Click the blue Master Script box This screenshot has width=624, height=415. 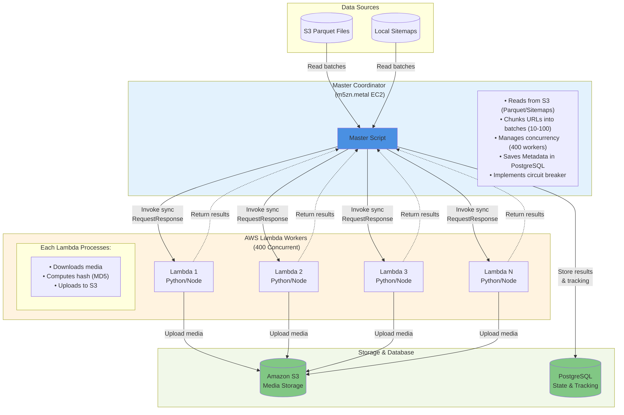[x=367, y=138]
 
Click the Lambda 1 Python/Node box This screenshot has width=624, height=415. [x=184, y=276]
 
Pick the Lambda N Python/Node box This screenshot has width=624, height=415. [x=498, y=276]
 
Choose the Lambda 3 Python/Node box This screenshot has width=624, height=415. [x=393, y=276]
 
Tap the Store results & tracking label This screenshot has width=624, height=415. [x=575, y=276]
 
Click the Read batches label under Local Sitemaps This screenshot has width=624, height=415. [x=396, y=67]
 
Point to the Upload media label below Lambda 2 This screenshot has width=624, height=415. [x=289, y=333]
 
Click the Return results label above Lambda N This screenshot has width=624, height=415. [x=525, y=214]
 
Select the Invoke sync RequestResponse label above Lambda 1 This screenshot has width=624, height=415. [x=158, y=214]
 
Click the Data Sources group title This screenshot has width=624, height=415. [x=360, y=7]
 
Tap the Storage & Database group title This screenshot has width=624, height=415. [x=386, y=352]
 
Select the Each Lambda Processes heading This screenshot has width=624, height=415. [x=76, y=247]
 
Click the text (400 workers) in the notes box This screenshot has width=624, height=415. [x=528, y=147]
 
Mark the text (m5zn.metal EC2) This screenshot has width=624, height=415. [x=360, y=95]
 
